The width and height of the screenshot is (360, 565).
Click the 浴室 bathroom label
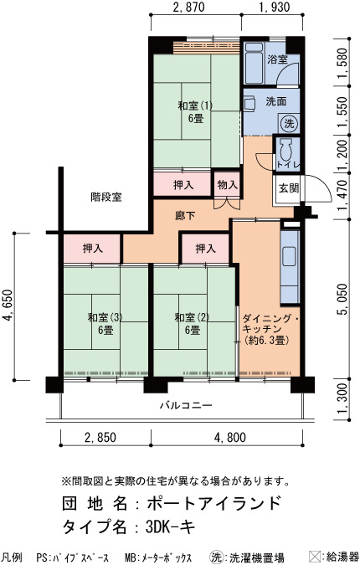coord(277,59)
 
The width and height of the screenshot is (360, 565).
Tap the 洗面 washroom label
coord(276,101)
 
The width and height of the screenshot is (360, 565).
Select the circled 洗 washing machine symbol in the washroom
coord(289,124)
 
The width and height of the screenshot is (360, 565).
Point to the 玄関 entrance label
coord(289,187)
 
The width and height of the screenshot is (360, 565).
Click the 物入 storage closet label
coord(228,185)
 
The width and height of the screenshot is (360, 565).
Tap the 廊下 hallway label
coord(185,215)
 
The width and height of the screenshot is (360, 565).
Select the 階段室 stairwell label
coord(106,197)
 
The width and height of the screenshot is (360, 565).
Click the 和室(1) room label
coord(195,106)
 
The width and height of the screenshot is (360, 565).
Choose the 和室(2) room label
coord(192,317)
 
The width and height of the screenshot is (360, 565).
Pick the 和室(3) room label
coord(105,317)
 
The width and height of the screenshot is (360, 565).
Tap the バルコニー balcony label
coord(186,406)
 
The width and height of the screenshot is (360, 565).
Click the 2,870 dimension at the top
coord(188,7)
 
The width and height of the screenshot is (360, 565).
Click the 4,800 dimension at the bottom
coord(230,438)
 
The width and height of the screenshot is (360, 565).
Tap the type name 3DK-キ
coord(170,527)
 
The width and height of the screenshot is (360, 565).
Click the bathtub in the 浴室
coord(254,63)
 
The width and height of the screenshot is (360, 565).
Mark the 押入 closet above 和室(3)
coord(93,249)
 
